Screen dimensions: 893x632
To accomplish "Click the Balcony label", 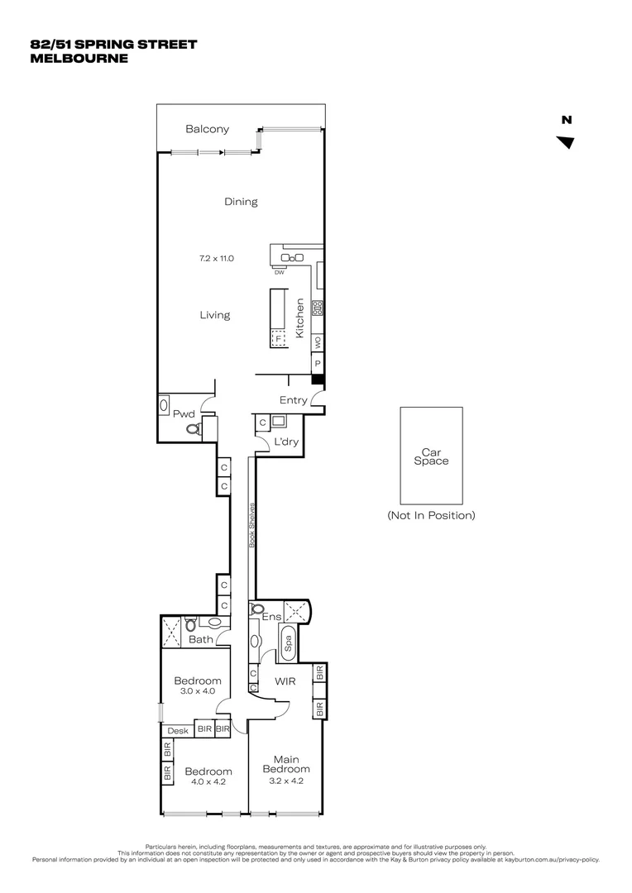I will (x=207, y=129).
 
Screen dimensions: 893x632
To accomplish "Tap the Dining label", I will (x=241, y=202).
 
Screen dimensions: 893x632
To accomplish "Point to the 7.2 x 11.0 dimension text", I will (x=216, y=258).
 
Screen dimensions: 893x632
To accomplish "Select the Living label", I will (x=214, y=315).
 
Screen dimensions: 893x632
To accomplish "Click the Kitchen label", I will (x=300, y=315).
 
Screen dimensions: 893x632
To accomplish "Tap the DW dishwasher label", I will (x=279, y=272).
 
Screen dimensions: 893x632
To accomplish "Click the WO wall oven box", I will (x=318, y=341).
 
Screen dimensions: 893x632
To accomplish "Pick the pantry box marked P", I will (x=318, y=363).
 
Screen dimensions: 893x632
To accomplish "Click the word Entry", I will (x=293, y=400).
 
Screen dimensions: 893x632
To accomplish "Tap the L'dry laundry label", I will (x=285, y=442).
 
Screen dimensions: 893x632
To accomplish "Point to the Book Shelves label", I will (x=252, y=526).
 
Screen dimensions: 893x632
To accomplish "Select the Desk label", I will (x=178, y=730).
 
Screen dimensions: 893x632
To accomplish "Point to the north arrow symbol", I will (x=566, y=142).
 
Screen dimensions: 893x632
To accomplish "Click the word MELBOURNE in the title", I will (x=79, y=59).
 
